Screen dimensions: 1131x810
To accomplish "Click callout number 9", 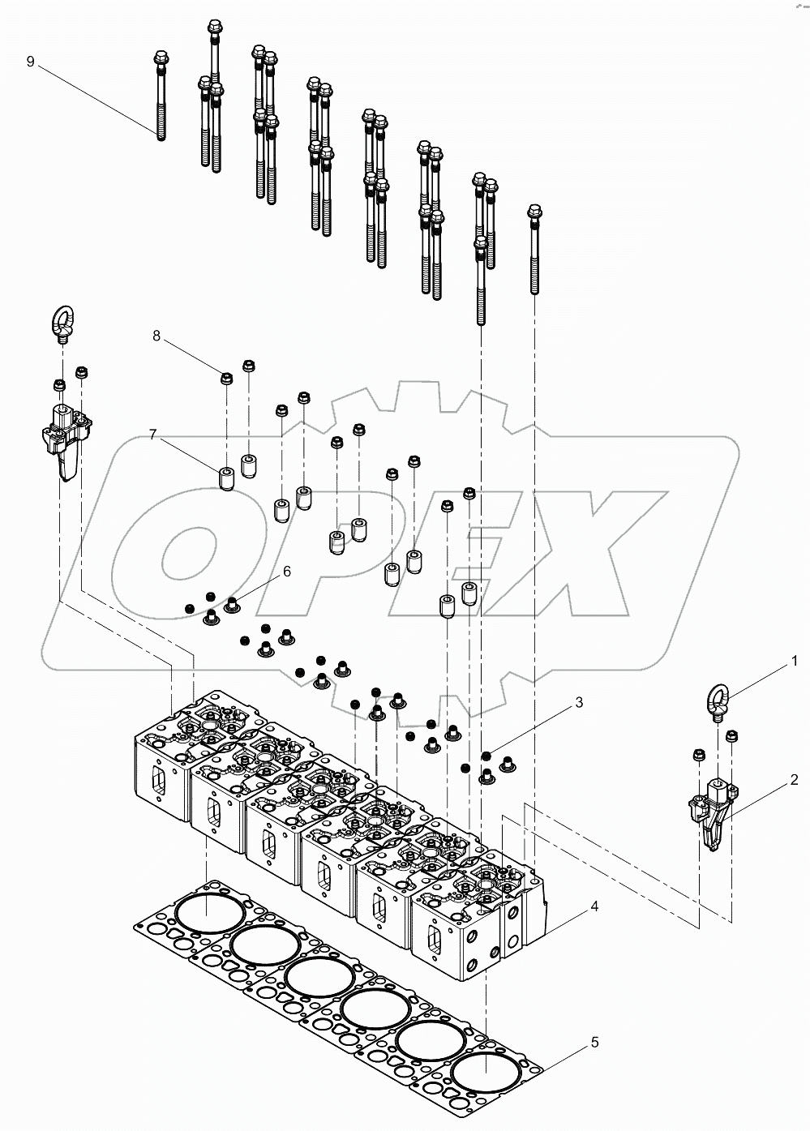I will click(x=31, y=62).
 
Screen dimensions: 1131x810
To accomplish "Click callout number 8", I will click(x=157, y=335).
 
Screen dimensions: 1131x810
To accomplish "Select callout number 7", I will click(x=152, y=435).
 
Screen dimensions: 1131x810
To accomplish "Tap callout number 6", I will click(x=286, y=572).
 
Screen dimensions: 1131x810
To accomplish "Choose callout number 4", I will click(x=594, y=906).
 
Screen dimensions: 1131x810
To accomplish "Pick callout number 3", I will click(x=579, y=703).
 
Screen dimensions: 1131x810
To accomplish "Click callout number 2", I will click(x=794, y=780).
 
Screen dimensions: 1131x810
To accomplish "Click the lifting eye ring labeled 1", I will click(x=718, y=700).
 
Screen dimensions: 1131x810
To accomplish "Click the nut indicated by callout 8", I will click(x=227, y=378).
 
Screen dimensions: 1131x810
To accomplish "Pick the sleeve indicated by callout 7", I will click(x=227, y=478).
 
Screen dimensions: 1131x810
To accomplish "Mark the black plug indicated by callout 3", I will click(x=486, y=756).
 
